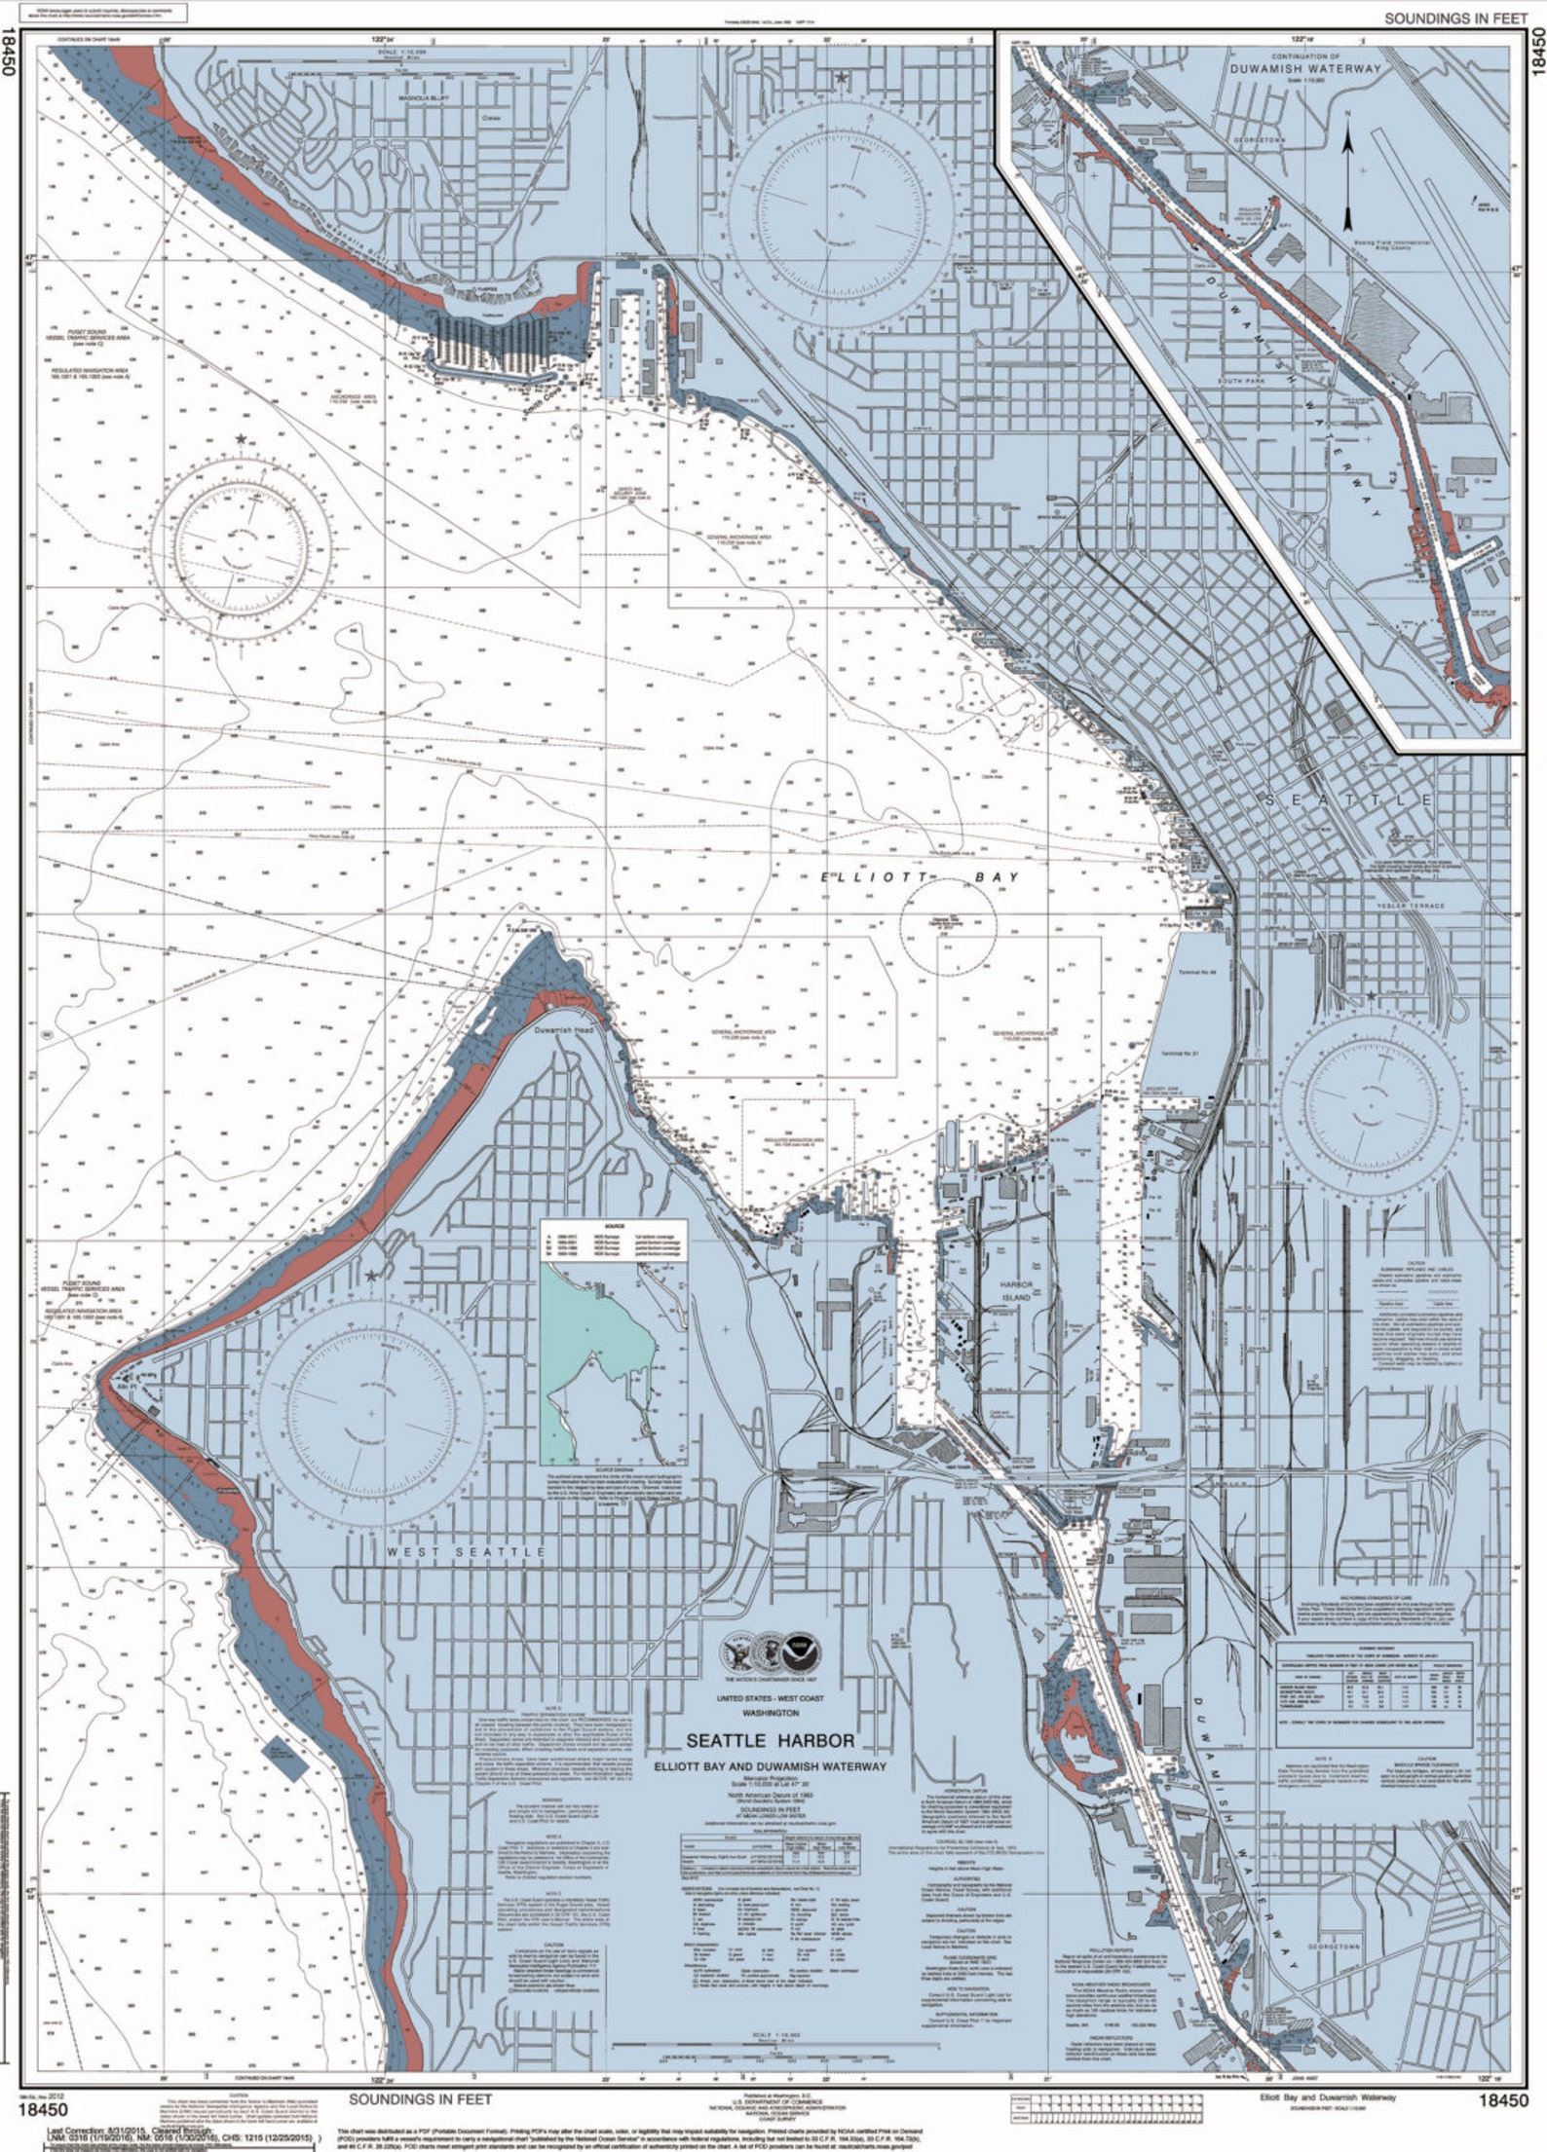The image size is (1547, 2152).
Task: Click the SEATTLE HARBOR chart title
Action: click(x=771, y=1740)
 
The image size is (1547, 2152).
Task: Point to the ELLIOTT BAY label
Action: click(x=920, y=877)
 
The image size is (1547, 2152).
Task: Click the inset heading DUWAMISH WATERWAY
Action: click(x=1304, y=69)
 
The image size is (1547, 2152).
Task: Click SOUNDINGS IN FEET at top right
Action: click(x=1455, y=19)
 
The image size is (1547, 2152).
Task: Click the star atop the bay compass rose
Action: click(x=240, y=439)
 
